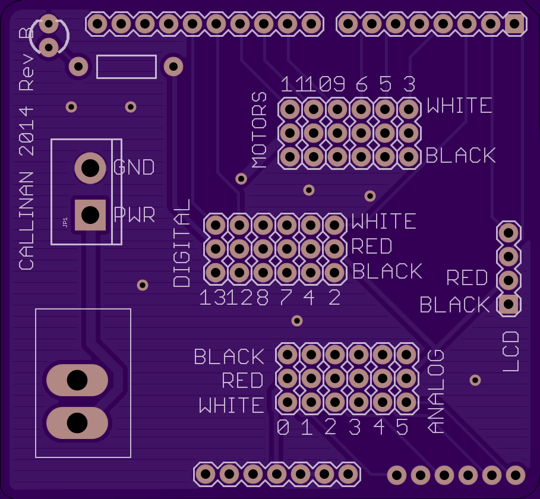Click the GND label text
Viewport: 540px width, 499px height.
coord(134,167)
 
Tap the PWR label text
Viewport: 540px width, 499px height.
coord(135,214)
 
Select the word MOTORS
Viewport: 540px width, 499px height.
coord(260,130)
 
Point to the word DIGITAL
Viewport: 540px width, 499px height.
coord(182,243)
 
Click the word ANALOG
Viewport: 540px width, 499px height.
coord(435,391)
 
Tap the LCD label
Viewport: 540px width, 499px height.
coord(511,351)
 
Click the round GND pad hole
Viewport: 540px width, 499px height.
coord(90,168)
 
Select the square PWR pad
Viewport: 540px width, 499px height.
coord(90,215)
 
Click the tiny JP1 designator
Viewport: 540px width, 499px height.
coord(65,222)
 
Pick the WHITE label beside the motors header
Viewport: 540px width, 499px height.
coord(459,105)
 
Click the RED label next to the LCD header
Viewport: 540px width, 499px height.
coord(468,277)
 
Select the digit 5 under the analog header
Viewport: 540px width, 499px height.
coord(402,427)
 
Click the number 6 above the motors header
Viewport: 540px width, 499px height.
coord(362,84)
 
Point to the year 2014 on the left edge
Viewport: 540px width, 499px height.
coord(27,131)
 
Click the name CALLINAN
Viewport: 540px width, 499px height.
coord(27,221)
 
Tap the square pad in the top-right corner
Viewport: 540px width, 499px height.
coord(514,24)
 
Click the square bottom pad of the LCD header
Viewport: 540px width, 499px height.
coord(509,304)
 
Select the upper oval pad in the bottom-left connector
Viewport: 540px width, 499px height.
coord(77,380)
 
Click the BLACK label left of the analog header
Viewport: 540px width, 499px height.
coord(229,357)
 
